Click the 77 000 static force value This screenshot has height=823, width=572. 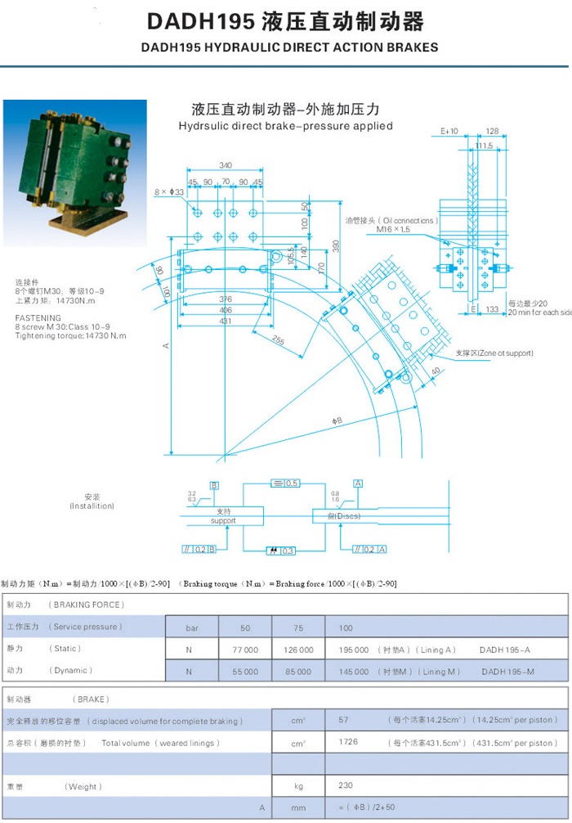(x=245, y=650)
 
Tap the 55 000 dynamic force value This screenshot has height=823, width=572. (x=245, y=671)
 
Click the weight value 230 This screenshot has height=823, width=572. (x=346, y=785)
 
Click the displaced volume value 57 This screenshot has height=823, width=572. (x=344, y=721)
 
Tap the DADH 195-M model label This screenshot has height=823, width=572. (x=507, y=671)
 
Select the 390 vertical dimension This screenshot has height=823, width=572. (x=335, y=246)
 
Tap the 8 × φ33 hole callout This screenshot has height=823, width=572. (x=169, y=192)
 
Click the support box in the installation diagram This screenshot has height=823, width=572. (x=223, y=516)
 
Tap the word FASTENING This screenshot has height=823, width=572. (x=38, y=317)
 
